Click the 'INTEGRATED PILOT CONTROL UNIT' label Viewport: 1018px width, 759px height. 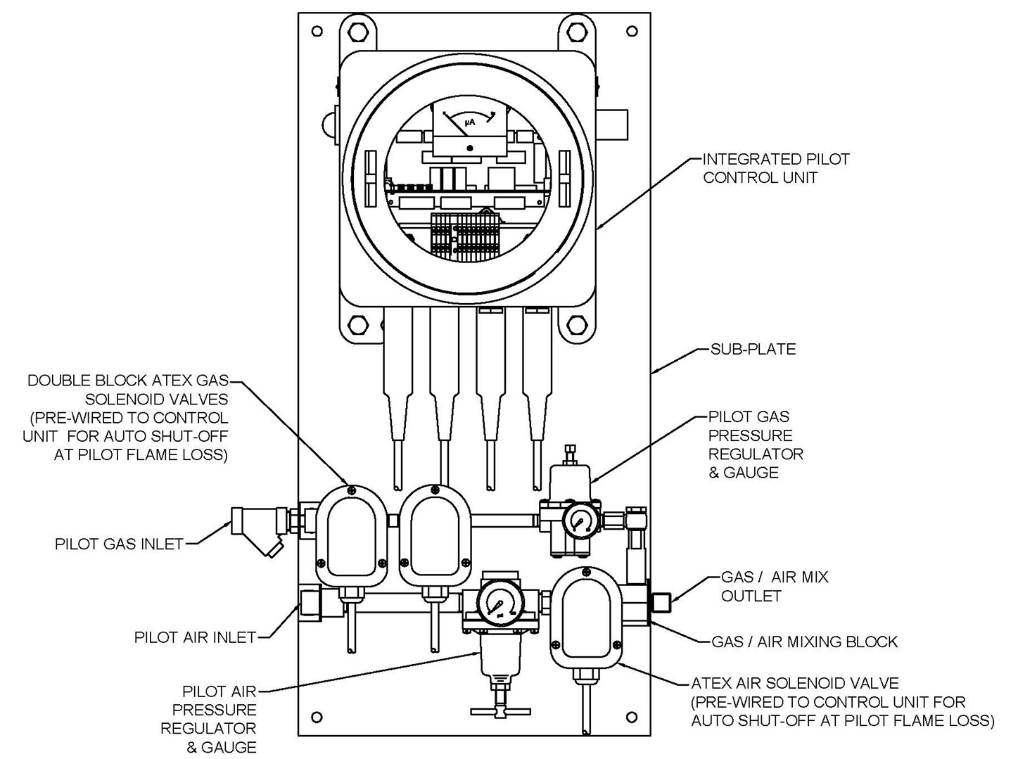pyautogui.click(x=775, y=169)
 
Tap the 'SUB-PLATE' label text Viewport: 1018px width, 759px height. pyautogui.click(x=753, y=350)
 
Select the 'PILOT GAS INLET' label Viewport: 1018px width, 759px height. pyautogui.click(x=119, y=544)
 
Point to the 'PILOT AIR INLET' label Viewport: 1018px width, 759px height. pyautogui.click(x=195, y=637)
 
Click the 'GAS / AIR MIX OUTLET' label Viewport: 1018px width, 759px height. pyautogui.click(x=774, y=587)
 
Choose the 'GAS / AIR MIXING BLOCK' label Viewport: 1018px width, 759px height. pyautogui.click(x=804, y=642)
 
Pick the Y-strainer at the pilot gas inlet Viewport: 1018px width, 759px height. pyautogui.click(x=257, y=531)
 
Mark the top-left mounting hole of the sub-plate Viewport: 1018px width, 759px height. pyautogui.click(x=317, y=31)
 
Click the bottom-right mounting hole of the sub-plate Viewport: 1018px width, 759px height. pyautogui.click(x=632, y=717)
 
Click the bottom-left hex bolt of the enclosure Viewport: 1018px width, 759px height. pyautogui.click(x=358, y=325)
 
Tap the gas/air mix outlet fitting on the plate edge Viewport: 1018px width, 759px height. pyautogui.click(x=661, y=601)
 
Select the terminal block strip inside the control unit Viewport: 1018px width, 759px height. pyautogui.click(x=464, y=238)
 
